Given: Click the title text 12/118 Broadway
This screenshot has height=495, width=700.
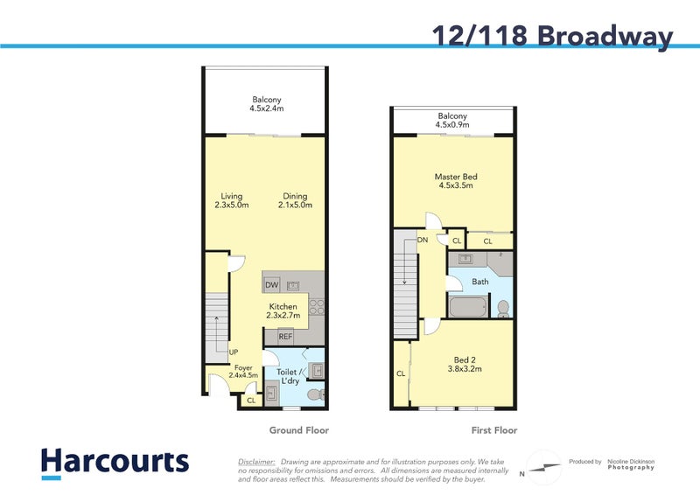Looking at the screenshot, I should (x=552, y=35).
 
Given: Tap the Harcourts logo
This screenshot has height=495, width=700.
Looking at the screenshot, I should (x=114, y=463).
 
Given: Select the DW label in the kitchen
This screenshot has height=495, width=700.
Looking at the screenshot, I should (x=271, y=285).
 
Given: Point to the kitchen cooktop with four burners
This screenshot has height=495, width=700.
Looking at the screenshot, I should (x=316, y=307).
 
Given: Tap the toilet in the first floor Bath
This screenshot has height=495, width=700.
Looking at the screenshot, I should (x=502, y=308).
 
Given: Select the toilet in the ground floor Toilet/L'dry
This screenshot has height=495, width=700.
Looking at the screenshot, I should (x=316, y=396).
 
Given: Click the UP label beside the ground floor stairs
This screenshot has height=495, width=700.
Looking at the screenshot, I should (x=234, y=352).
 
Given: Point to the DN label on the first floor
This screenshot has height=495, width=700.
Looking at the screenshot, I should (x=423, y=239).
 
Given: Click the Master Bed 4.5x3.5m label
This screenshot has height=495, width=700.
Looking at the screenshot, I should (x=455, y=181).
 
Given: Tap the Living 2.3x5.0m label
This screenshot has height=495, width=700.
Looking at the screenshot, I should (x=232, y=201).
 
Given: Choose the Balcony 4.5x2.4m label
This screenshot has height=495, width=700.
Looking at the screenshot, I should (x=266, y=104).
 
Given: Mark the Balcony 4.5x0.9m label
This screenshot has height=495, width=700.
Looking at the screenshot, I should (x=452, y=121).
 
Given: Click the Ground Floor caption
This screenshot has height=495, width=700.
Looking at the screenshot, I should (x=298, y=430).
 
